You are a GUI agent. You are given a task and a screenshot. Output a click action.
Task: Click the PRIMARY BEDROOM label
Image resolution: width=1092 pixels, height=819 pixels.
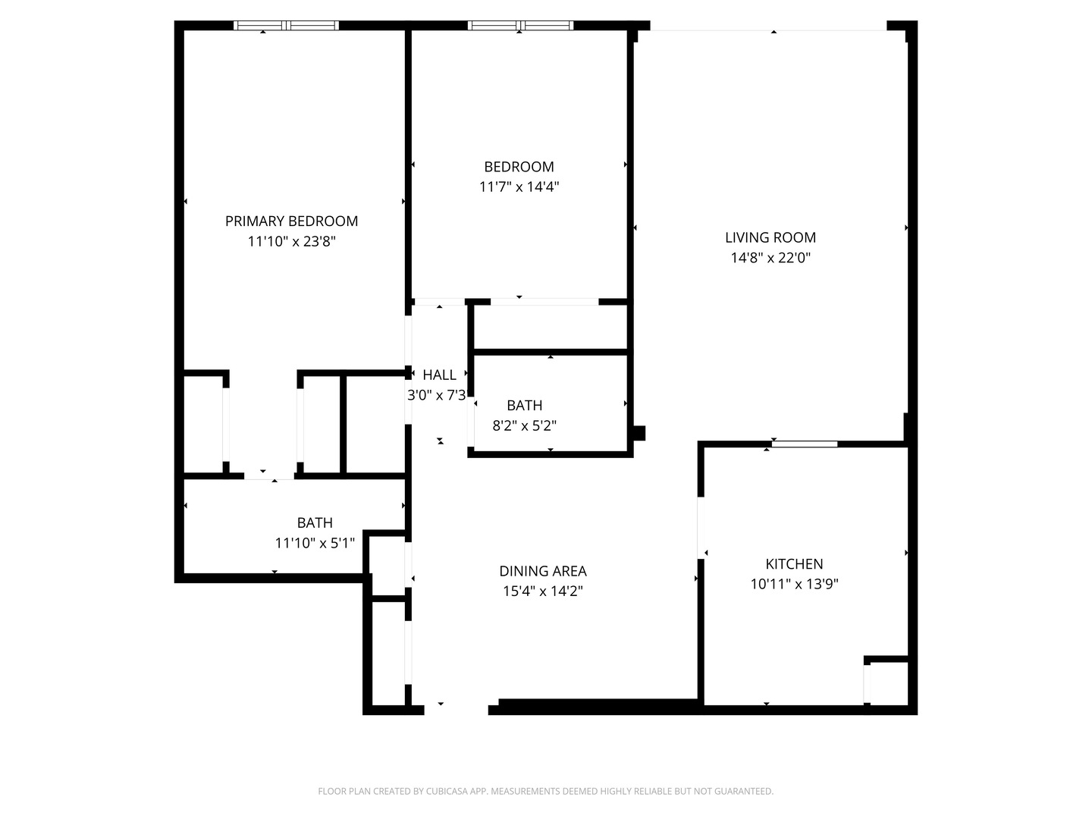[291, 221]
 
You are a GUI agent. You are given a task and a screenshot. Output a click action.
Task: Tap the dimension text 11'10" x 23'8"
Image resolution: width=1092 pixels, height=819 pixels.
[291, 241]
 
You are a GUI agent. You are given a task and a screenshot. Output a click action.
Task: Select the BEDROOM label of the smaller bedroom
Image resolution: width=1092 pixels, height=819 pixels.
[519, 167]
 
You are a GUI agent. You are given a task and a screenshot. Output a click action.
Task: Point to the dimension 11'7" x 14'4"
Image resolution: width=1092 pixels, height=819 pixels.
[519, 187]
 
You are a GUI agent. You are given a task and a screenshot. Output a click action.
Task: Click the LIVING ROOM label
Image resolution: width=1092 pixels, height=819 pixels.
[770, 237]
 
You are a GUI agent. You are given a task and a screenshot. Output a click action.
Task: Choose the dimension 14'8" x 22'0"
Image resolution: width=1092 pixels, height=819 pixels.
[770, 258]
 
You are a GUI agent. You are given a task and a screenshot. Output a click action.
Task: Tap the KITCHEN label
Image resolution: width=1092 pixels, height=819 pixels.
[794, 563]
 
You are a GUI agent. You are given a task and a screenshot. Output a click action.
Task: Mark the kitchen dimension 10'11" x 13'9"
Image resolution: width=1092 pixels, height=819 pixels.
[794, 584]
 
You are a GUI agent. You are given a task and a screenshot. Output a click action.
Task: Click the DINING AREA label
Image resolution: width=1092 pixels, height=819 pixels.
[542, 571]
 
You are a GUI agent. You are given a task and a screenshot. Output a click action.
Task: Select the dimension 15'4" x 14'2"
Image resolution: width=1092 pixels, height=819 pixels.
[542, 591]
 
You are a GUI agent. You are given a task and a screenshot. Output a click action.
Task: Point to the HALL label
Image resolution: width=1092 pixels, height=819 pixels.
[439, 375]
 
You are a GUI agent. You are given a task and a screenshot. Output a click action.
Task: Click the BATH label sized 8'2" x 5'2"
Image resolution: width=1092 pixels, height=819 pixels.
[524, 406]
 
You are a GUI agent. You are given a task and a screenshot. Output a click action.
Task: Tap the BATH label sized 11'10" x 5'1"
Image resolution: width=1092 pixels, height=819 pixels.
[314, 522]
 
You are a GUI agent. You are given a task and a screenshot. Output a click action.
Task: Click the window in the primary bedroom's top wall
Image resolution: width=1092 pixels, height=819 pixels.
[286, 26]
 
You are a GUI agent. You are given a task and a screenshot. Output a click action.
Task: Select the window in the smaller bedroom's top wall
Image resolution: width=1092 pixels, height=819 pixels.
[520, 26]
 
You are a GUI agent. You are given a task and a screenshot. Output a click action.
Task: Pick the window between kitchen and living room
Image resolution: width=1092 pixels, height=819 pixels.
[805, 444]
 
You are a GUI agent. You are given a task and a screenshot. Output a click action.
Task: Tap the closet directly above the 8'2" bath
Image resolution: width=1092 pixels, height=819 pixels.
[550, 328]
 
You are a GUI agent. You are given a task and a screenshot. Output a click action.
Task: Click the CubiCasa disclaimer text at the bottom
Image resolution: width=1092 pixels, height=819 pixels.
[545, 791]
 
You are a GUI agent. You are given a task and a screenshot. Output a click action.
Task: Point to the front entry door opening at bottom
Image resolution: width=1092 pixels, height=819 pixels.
[456, 708]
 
